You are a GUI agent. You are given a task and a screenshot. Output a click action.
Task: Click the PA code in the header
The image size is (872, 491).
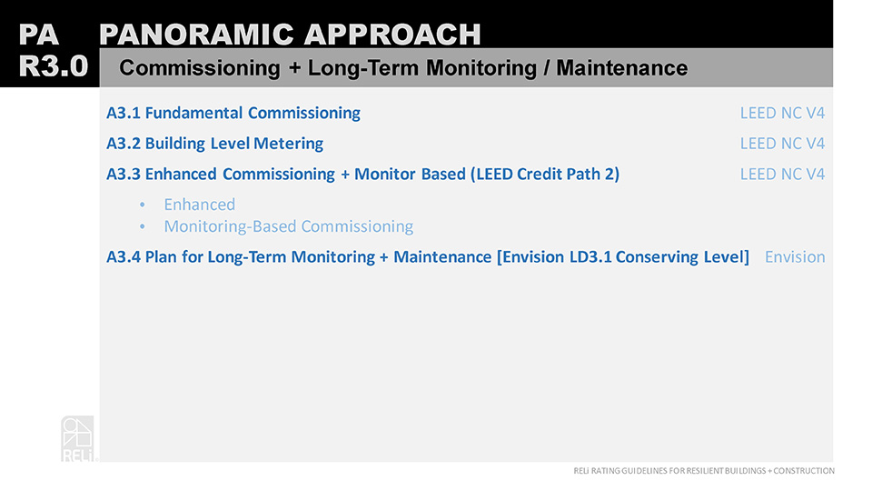point(38,35)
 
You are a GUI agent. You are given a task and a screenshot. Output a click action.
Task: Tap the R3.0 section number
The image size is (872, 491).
point(54,66)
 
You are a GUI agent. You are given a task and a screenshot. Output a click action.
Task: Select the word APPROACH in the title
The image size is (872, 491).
point(392,35)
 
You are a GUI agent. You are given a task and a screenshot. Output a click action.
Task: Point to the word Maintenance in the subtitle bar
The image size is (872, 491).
point(621,68)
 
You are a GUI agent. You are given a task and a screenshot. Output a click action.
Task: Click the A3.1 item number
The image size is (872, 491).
point(124,113)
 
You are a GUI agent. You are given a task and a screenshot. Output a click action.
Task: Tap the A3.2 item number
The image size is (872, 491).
point(124,144)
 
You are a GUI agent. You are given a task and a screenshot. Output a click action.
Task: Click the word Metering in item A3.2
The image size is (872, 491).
point(288,144)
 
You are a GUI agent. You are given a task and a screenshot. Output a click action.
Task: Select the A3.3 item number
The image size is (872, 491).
point(124,175)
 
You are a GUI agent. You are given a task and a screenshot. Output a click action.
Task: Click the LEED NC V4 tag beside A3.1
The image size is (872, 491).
point(782,113)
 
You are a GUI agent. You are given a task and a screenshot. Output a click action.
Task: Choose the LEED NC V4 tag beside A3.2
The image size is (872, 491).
point(782,144)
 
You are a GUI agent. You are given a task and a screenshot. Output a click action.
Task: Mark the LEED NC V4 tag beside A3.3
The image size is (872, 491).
point(782,175)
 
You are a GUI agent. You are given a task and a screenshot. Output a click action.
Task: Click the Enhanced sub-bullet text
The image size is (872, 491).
point(199,205)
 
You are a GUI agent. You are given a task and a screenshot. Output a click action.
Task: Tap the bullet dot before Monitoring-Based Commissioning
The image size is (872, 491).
point(143,226)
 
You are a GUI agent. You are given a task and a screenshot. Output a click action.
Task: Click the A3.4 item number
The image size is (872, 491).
point(124,256)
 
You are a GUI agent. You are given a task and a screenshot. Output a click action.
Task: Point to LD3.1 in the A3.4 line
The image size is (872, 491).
point(590,256)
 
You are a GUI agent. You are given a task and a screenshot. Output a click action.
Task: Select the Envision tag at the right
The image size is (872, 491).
point(795,256)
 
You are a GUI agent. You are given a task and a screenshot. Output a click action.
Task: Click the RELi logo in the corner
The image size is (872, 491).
point(78,438)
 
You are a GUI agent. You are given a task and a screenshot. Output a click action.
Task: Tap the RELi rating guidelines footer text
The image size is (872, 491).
point(704,470)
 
